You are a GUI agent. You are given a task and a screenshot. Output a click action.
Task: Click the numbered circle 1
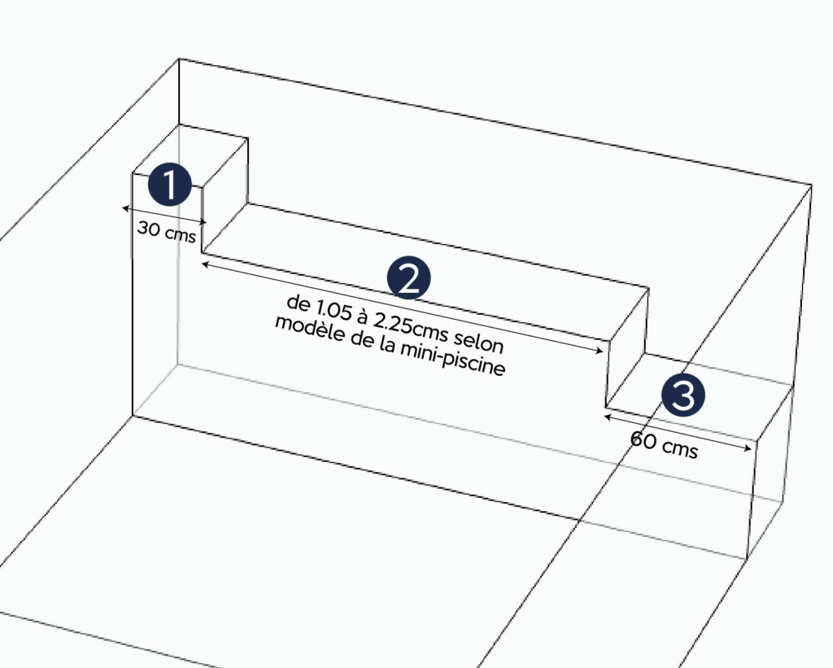(169, 185)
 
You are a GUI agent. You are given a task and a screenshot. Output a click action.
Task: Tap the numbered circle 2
(408, 278)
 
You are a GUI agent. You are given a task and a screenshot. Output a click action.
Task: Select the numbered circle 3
(683, 395)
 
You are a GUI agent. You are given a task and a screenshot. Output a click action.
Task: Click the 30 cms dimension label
(167, 232)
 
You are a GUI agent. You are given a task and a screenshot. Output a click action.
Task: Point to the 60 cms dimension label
(664, 445)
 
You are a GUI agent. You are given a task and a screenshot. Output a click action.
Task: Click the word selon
(478, 341)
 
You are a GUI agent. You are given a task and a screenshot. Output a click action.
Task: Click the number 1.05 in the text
(334, 310)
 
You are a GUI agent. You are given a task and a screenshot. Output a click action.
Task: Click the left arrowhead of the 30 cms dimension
(125, 208)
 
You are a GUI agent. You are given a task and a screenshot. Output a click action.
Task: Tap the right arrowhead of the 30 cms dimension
(203, 221)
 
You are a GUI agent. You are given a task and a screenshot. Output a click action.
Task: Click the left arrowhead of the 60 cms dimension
(608, 417)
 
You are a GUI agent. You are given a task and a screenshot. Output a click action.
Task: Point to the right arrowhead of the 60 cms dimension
(748, 448)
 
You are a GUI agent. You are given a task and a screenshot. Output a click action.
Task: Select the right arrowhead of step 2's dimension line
(599, 350)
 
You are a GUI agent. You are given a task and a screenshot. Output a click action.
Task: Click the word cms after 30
(181, 234)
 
